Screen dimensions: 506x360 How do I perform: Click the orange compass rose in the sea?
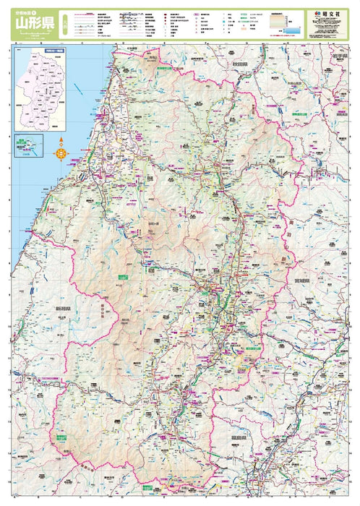[61, 151]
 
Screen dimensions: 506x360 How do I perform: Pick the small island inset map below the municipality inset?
[28, 145]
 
